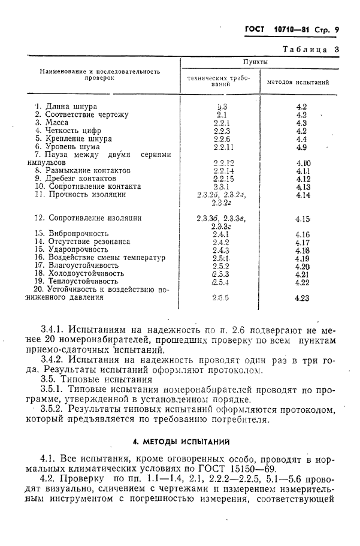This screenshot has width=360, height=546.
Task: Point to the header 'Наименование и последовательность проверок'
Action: point(99,74)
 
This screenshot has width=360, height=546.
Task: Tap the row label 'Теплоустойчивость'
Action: point(83,281)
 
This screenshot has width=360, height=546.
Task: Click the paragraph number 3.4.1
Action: point(52,330)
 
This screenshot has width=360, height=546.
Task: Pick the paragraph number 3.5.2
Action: point(52,409)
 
